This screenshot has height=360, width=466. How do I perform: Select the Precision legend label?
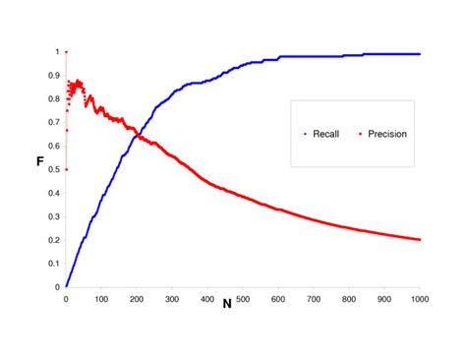pyautogui.click(x=385, y=135)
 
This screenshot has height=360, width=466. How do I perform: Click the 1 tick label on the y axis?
pyautogui.click(x=56, y=51)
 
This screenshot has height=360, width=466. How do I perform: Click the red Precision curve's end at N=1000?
pyautogui.click(x=420, y=239)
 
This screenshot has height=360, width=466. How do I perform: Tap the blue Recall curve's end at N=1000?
pyautogui.click(x=420, y=54)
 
